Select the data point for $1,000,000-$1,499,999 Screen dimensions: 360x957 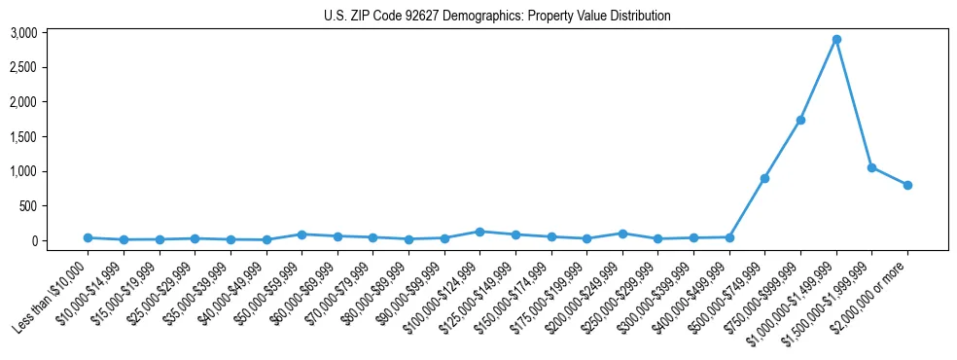pos(836,40)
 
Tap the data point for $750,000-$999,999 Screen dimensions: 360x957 pos(800,120)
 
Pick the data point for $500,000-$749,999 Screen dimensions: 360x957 pos(764,178)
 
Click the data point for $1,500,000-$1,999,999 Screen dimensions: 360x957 pos(871,167)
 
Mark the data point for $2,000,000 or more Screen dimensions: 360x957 pos(907,185)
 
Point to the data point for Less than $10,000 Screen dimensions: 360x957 pos(88,237)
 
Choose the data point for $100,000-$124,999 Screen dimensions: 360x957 pos(479,232)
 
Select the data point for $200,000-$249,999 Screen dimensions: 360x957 pos(622,234)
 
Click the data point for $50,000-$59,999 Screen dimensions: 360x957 pos(301,234)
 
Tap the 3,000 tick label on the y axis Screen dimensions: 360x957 pos(51,33)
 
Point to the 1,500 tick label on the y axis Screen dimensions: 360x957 pos(51,137)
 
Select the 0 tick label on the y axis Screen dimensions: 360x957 pos(62,241)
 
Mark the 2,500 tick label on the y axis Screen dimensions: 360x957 pos(51,68)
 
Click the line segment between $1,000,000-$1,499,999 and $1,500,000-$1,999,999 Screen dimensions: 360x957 pos(854,104)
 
